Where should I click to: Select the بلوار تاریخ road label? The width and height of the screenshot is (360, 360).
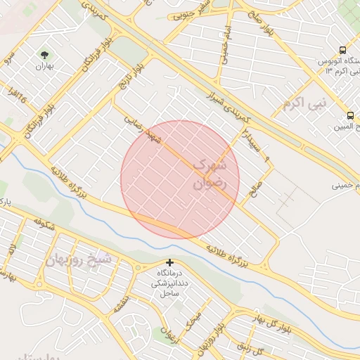click(135, 75)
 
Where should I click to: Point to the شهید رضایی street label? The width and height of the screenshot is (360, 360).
click(143, 131)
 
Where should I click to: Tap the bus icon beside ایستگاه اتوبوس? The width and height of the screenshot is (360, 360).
click(342, 50)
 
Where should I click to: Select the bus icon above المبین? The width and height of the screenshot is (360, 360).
click(350, 115)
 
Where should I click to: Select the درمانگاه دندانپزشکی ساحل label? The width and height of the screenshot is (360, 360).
click(169, 281)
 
